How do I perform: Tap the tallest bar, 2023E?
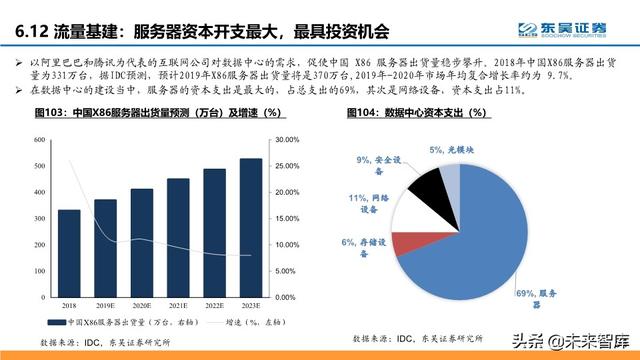click(x=252, y=221)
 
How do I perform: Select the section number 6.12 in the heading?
click(x=33, y=34)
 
